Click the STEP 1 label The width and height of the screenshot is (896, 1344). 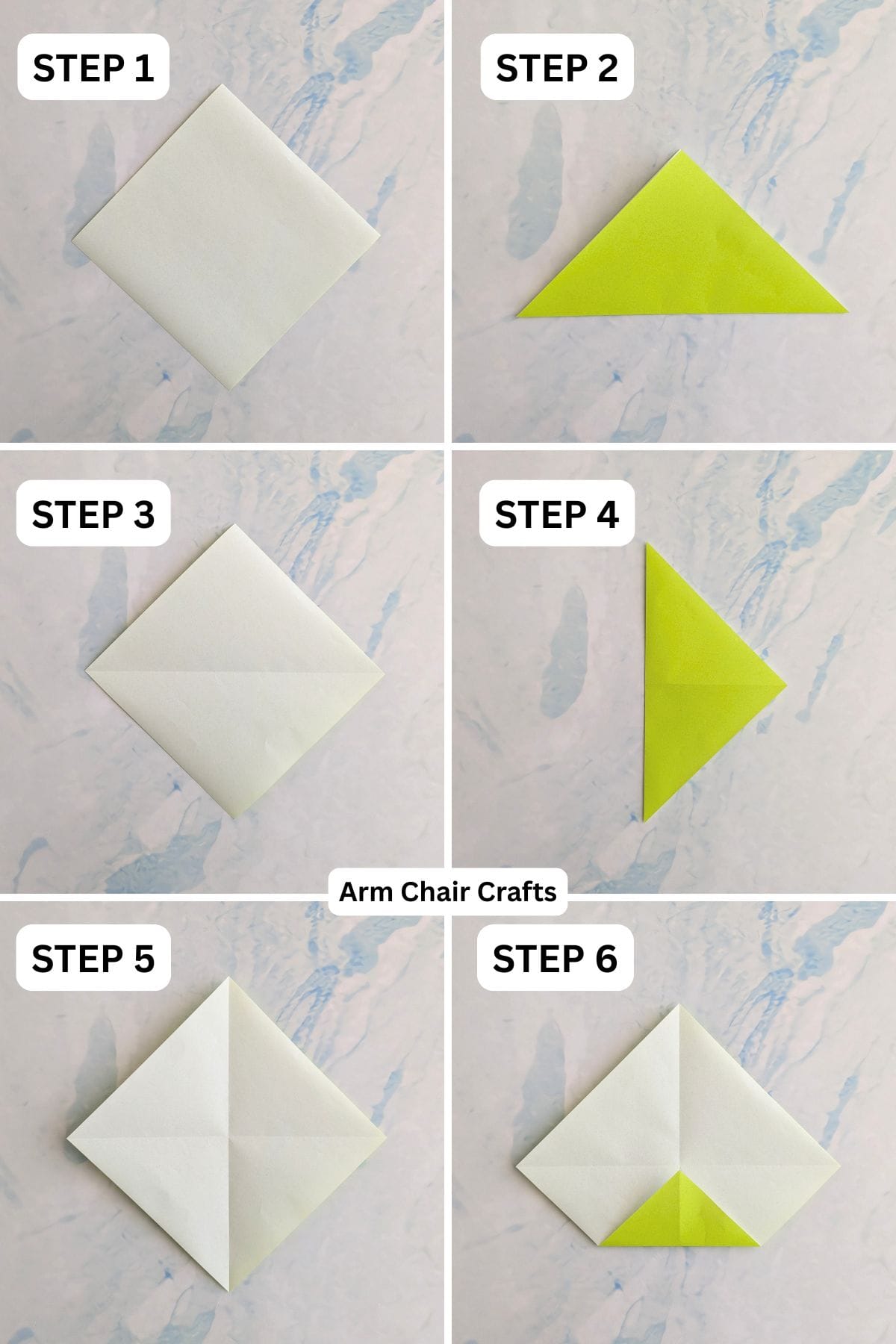pyautogui.click(x=93, y=68)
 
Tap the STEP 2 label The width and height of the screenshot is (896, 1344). pyautogui.click(x=557, y=68)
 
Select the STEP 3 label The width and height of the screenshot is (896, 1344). pyautogui.click(x=93, y=514)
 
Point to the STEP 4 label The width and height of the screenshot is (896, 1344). pyautogui.click(x=557, y=514)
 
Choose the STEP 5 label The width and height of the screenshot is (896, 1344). pyautogui.click(x=93, y=959)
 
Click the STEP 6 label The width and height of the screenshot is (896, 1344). pyautogui.click(x=556, y=959)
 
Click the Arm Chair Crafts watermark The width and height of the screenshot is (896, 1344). pyautogui.click(x=448, y=892)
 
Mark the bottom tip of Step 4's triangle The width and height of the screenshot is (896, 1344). pyautogui.click(x=645, y=820)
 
